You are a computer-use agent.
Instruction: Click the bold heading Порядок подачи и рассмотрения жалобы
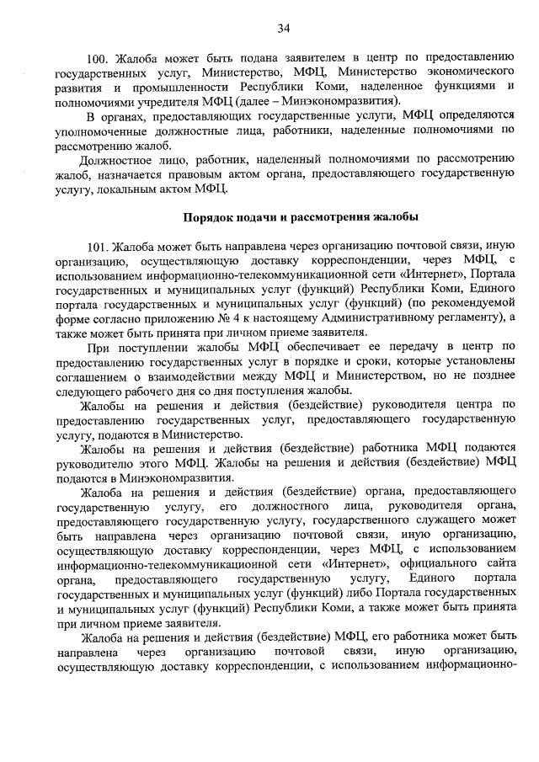point(301,216)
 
